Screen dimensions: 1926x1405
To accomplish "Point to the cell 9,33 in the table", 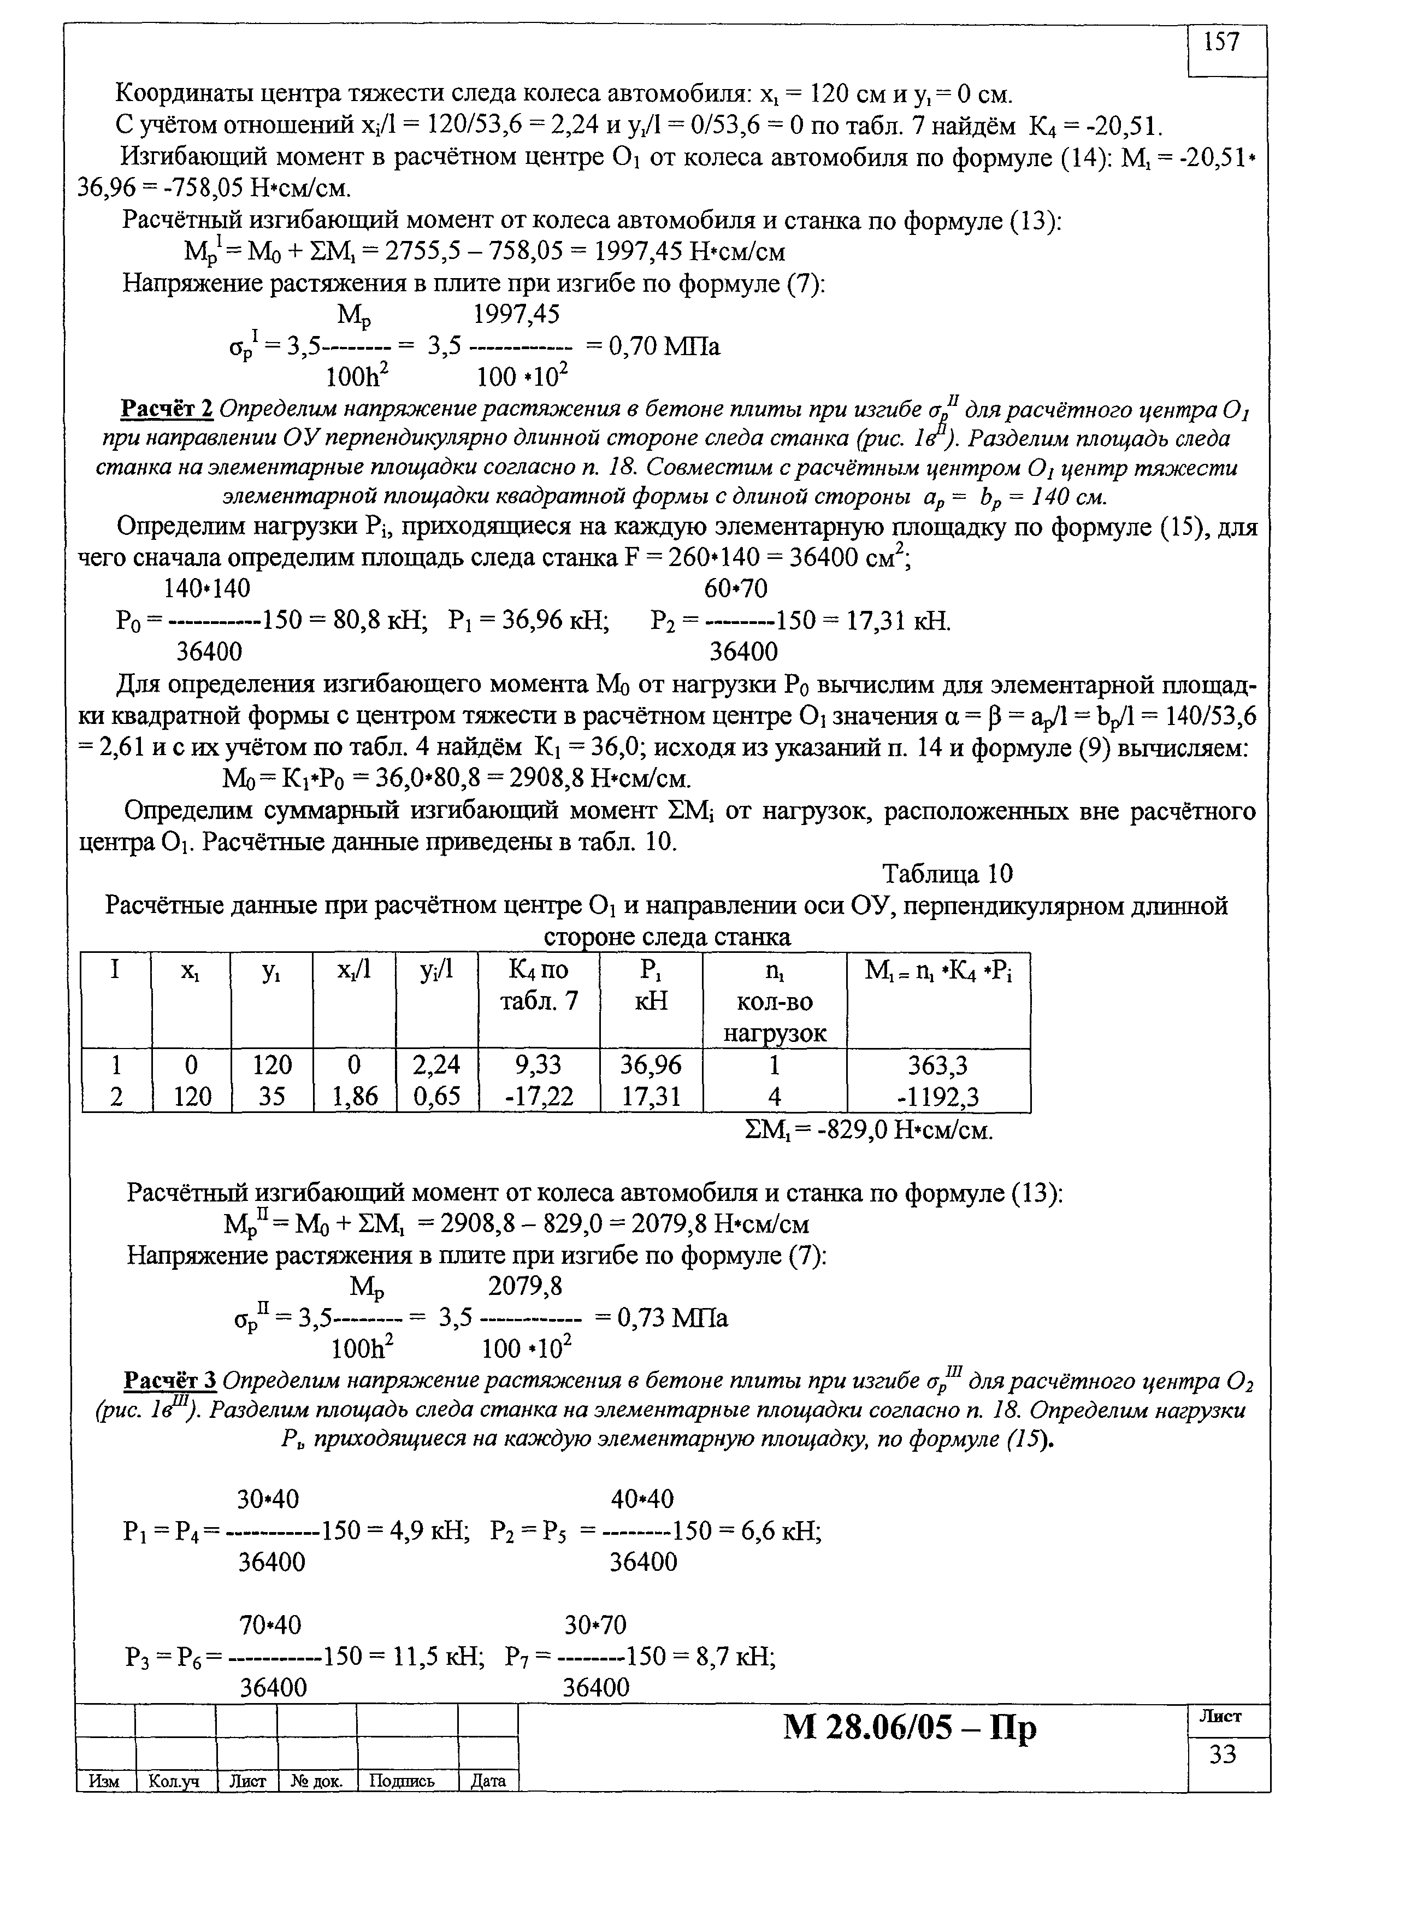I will pos(539,1065).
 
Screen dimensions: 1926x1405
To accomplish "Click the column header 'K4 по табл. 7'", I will pos(539,986).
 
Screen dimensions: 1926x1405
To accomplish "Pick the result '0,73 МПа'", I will pos(672,1318).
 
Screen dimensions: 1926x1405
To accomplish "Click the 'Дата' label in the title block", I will pos(488,1781).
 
